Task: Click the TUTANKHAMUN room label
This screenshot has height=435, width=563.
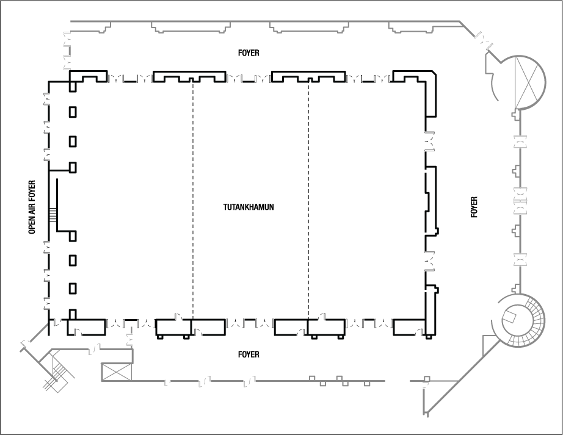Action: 249,207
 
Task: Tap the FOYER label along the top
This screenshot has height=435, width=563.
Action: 249,53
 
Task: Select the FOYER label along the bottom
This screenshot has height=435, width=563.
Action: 249,354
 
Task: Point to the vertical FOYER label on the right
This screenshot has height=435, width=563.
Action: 474,207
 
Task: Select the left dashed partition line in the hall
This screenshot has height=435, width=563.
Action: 193,201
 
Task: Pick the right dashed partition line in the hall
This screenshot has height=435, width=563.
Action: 308,201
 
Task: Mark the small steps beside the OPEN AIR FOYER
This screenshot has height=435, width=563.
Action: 53,215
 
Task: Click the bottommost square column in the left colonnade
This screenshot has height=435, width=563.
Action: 73,314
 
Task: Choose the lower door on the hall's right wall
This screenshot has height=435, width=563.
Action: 430,261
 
